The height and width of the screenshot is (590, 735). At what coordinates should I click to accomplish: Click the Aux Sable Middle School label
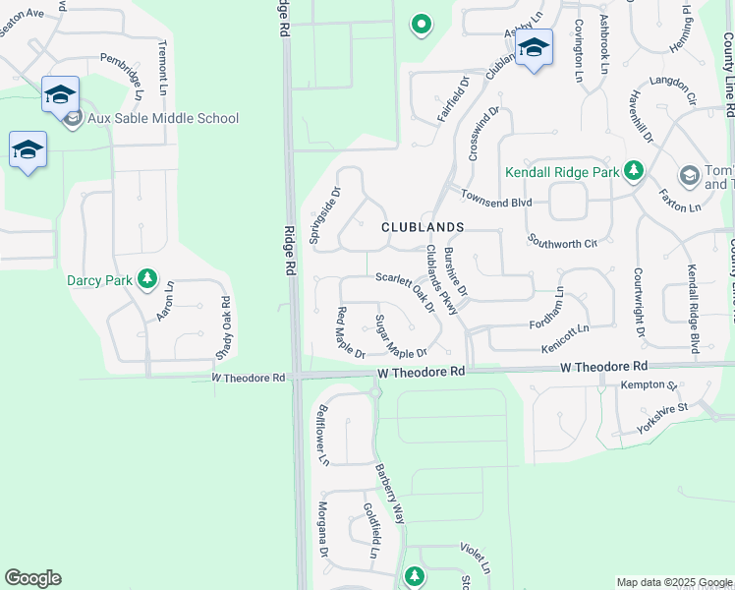[162, 119]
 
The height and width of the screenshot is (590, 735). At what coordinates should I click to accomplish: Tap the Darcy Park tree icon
[147, 280]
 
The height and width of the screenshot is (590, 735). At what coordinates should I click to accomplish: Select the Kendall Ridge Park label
[562, 172]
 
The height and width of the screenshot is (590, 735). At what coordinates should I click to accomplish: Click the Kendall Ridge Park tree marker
[634, 172]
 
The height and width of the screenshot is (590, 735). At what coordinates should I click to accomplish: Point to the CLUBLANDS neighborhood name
[423, 227]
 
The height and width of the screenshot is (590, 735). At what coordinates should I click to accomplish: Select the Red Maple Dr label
[350, 333]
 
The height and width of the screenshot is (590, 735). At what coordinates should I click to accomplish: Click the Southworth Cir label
[562, 241]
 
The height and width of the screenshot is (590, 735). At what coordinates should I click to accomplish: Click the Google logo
[32, 578]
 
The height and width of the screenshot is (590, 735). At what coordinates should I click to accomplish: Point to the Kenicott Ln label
[565, 348]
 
